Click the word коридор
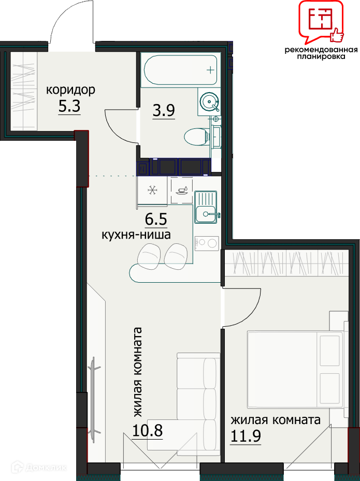click(70, 90)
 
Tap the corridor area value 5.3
click(69, 107)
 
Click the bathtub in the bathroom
click(181, 70)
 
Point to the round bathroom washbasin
click(209, 101)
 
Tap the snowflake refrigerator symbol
click(152, 191)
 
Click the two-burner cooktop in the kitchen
click(206, 243)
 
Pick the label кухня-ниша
click(136, 235)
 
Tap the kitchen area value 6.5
click(155, 220)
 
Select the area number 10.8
click(147, 430)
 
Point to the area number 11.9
click(246, 435)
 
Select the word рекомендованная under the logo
click(321, 50)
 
